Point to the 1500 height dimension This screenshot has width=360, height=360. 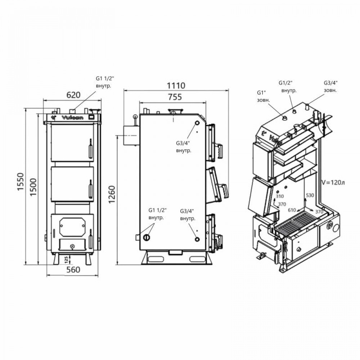33,186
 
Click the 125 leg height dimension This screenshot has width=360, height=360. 66,259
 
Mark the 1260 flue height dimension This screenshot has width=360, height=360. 112,194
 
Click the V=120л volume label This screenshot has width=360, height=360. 333,183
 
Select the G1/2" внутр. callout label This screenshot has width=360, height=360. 288,87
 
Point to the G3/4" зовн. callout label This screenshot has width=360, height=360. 330,87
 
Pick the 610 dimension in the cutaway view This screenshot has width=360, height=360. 292,210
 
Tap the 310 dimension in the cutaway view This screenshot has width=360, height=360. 279,196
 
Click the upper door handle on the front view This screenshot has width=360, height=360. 90,148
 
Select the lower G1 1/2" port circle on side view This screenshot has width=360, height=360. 147,237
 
